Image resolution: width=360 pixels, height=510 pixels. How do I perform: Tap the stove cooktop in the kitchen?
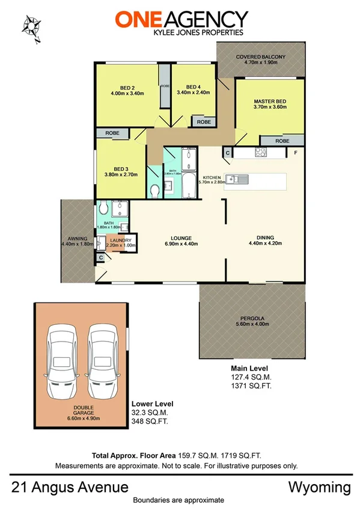(262, 152)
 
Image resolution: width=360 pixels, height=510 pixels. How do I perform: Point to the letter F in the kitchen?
(295, 153)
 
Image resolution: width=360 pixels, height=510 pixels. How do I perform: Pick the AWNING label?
(78, 241)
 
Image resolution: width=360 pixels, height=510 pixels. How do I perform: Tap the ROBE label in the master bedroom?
(282, 141)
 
